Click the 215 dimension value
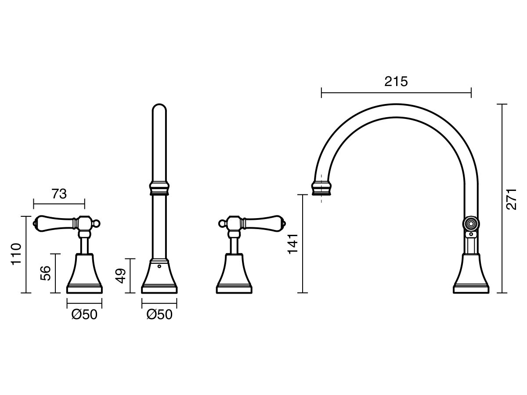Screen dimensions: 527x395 (396, 82)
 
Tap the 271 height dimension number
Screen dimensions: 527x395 (511, 199)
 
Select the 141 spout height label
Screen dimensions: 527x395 (293, 244)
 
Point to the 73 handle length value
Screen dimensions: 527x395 (59, 194)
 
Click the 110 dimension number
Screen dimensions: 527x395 (16, 254)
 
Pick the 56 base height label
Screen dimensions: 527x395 (45, 273)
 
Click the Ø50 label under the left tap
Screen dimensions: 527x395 (84, 314)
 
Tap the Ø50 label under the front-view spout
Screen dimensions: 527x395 (159, 314)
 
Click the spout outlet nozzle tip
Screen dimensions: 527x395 (322, 189)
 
